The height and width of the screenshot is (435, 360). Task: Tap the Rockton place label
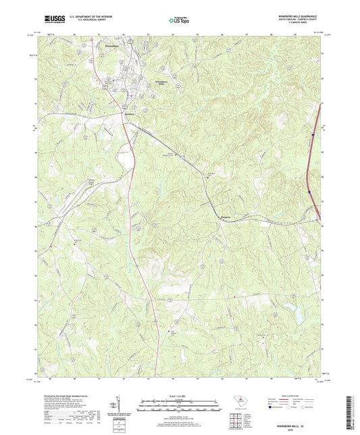[130, 114]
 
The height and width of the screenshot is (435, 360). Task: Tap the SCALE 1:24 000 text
[179, 396]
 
